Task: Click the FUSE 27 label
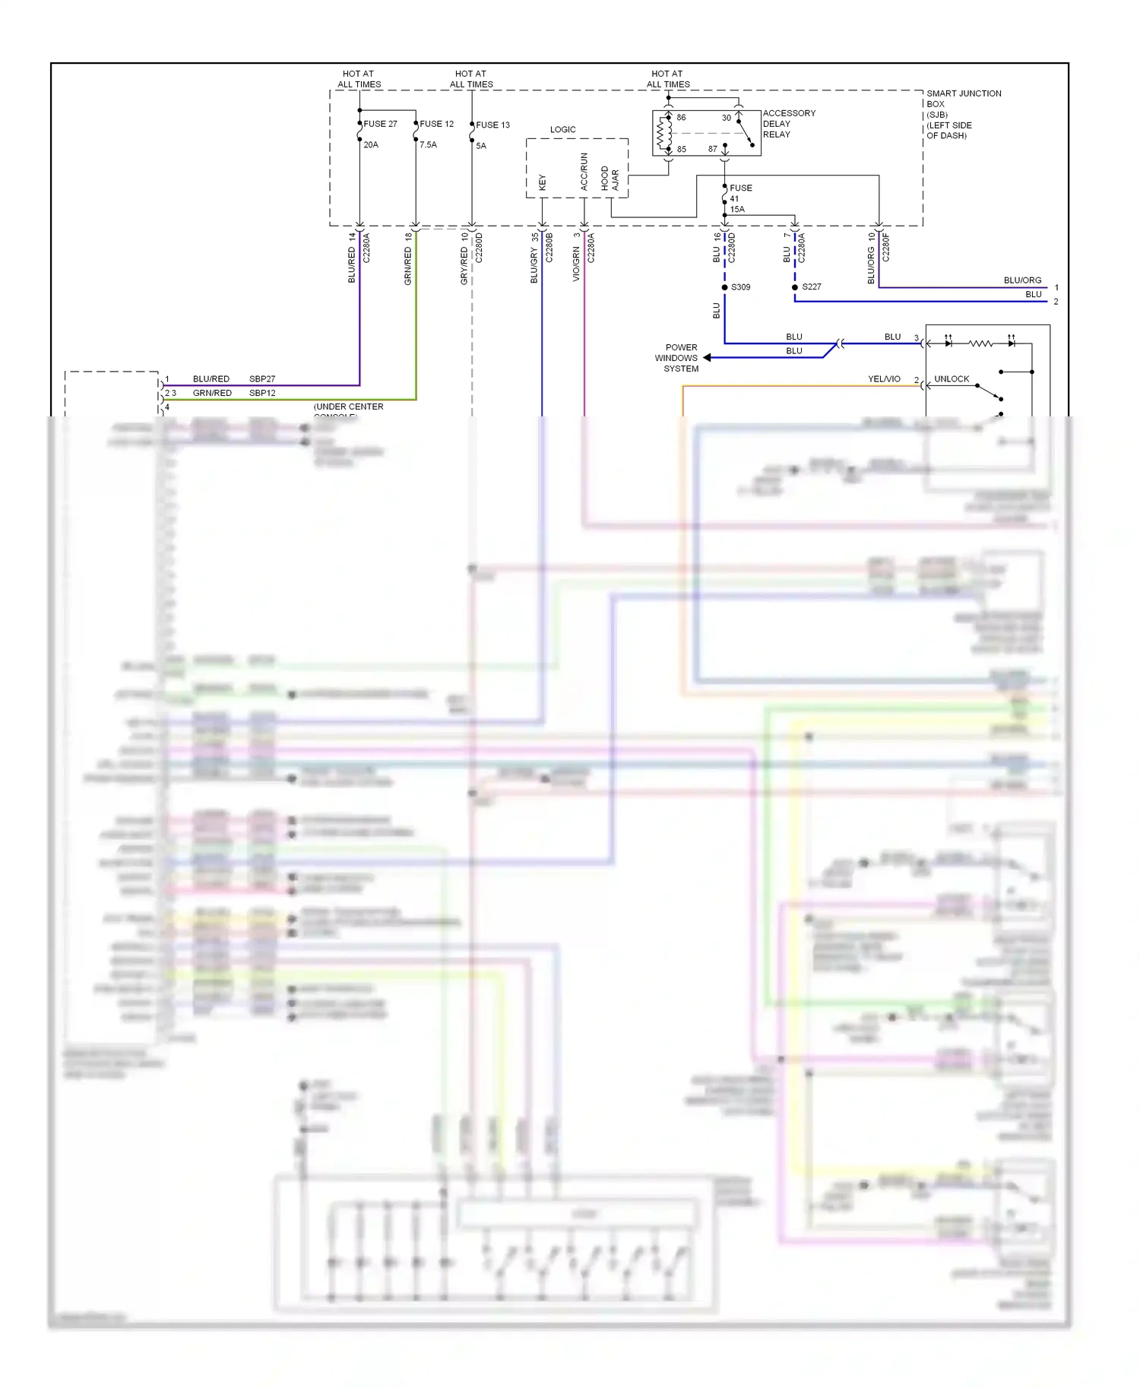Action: point(380,124)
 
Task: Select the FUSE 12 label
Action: point(436,124)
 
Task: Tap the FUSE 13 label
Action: point(492,125)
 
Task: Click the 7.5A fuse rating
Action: point(428,145)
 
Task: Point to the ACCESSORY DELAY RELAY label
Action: point(788,124)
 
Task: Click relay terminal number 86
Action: point(681,118)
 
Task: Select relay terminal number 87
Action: point(712,149)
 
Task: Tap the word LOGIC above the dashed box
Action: point(562,130)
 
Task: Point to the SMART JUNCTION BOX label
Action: point(962,114)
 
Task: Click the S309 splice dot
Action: point(724,287)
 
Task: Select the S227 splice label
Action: point(811,287)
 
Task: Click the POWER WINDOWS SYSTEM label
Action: point(678,358)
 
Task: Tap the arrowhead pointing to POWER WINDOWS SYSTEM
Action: point(708,358)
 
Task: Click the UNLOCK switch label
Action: point(951,379)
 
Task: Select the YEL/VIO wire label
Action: point(884,379)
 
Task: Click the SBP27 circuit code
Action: point(262,379)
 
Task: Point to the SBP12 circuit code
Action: point(262,393)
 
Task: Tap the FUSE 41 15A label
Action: point(739,198)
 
